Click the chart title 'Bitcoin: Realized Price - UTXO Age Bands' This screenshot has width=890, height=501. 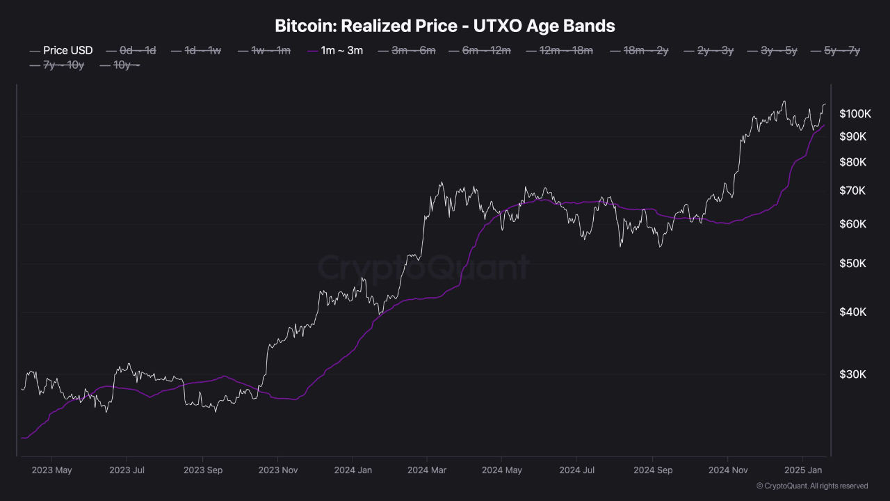[x=445, y=26]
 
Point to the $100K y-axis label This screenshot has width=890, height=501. [x=853, y=113]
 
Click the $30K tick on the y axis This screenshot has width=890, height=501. [x=853, y=374]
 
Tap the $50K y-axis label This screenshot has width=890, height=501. [x=853, y=264]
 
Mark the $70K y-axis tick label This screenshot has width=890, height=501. [x=853, y=191]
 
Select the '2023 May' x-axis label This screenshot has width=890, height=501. [x=52, y=470]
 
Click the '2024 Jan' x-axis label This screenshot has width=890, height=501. [x=353, y=470]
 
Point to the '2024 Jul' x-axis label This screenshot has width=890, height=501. [x=578, y=470]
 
